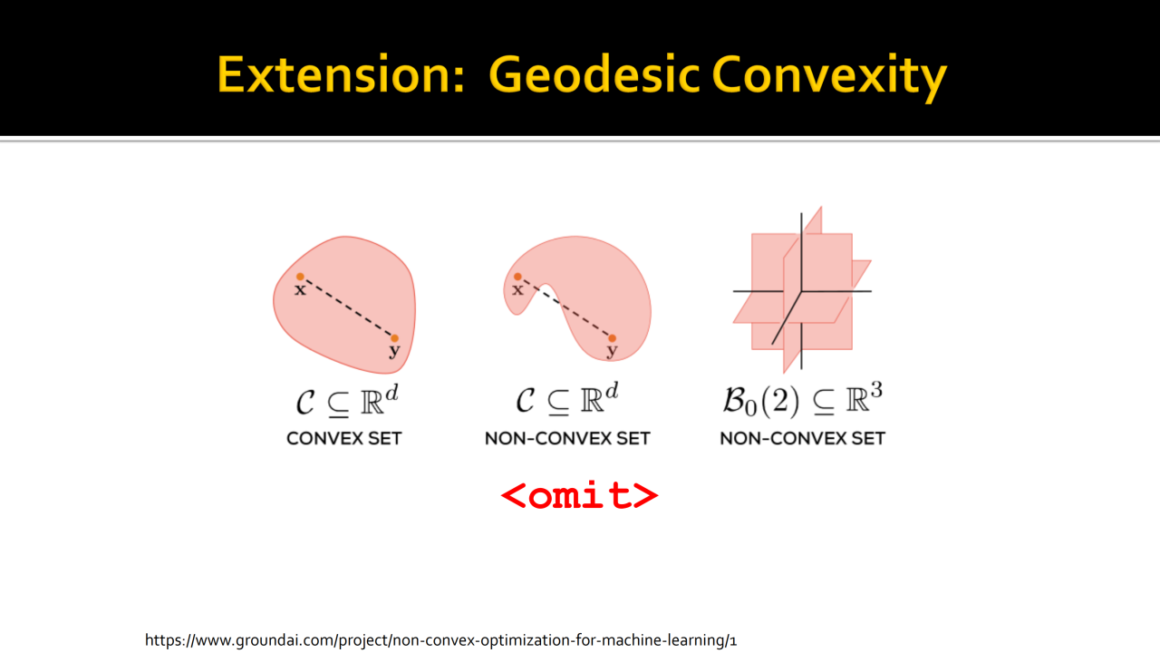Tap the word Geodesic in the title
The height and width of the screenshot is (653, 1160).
coord(593,74)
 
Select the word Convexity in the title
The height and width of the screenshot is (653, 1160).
coord(829,78)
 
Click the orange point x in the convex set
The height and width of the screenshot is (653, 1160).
coord(300,277)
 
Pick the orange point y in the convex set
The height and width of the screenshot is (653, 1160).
coord(394,338)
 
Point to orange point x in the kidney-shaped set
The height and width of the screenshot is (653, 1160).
coord(517,277)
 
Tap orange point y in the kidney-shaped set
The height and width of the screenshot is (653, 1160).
coord(612,338)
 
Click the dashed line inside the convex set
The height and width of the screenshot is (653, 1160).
coord(347,307)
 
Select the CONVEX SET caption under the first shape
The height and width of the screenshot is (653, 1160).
coord(343,438)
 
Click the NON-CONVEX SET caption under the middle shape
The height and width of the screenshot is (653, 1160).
coord(567,438)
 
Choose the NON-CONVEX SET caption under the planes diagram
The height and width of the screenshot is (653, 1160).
coord(803,438)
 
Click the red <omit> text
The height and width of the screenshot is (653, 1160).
coord(579,495)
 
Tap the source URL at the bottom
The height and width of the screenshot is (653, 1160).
coord(440,640)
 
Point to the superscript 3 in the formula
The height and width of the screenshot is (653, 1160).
coord(876,390)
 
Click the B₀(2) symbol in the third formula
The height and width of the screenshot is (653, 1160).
coord(761,401)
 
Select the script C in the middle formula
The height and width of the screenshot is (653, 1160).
coord(526,401)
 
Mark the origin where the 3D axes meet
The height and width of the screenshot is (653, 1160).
coord(802,291)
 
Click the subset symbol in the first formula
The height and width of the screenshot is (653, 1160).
coord(338,404)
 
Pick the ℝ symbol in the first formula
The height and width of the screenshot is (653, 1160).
coord(372,401)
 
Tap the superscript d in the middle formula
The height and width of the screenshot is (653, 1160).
coord(612,390)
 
